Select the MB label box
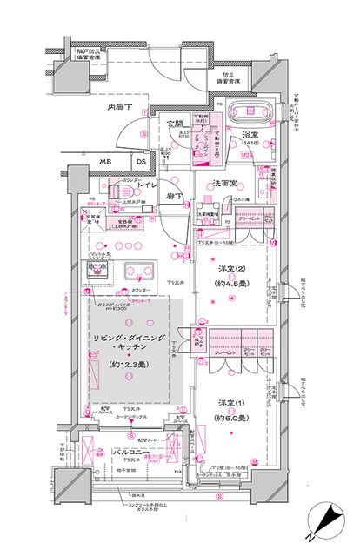pos(104,162)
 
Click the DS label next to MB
pos(139,162)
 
